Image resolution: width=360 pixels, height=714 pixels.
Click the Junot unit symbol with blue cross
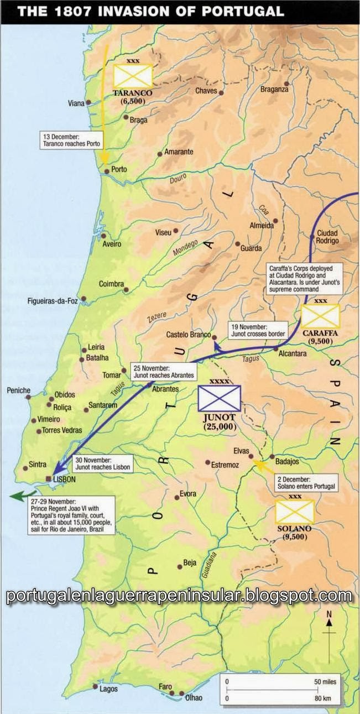click(x=220, y=398)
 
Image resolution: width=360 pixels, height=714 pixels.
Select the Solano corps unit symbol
click(x=295, y=512)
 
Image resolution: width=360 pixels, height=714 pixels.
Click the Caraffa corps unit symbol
click(x=320, y=317)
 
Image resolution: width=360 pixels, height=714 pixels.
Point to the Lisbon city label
click(x=64, y=480)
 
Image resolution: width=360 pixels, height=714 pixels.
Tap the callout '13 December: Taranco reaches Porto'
click(x=71, y=139)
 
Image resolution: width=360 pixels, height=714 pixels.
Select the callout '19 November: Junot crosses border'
click(x=259, y=330)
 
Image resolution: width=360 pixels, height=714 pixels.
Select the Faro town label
click(x=165, y=686)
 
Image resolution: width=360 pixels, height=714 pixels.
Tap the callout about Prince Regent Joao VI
click(x=71, y=514)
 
